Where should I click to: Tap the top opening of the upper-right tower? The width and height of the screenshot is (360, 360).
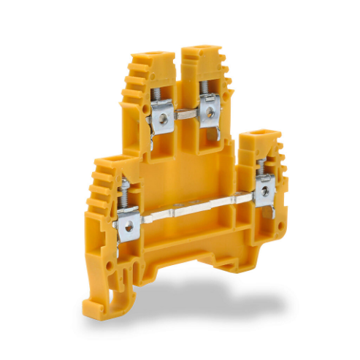197,52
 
